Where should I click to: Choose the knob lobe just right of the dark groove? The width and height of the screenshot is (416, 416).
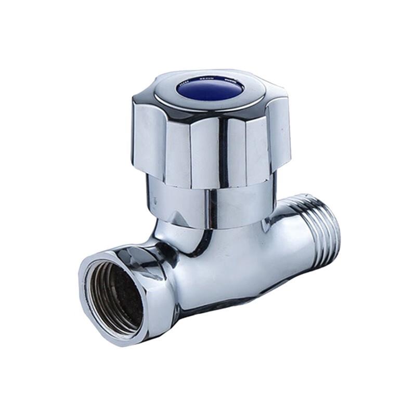click(x=242, y=151)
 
